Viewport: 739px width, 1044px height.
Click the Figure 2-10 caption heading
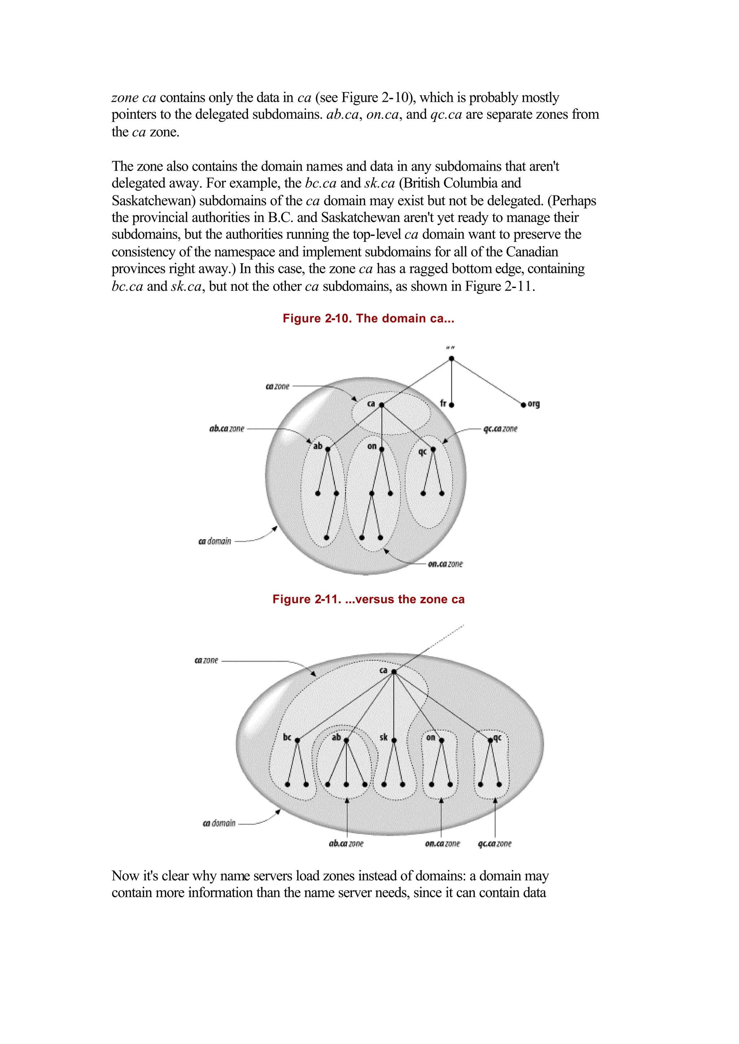pyautogui.click(x=368, y=318)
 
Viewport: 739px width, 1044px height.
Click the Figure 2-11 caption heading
pyautogui.click(x=368, y=599)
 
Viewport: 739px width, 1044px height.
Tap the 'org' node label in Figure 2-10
pyautogui.click(x=533, y=404)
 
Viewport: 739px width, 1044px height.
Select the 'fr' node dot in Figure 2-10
pyautogui.click(x=451, y=405)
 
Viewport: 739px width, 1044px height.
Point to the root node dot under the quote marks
pyautogui.click(x=451, y=359)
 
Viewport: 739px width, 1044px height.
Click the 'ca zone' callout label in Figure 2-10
pyautogui.click(x=277, y=386)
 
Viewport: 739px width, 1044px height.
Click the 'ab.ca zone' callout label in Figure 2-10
pyautogui.click(x=227, y=429)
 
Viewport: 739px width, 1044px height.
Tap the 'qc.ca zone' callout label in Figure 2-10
pyautogui.click(x=500, y=429)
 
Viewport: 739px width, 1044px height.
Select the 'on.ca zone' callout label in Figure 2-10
pyautogui.click(x=445, y=564)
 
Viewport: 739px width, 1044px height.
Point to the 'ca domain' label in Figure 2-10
pyautogui.click(x=215, y=541)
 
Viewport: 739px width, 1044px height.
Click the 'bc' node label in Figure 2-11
pyautogui.click(x=287, y=737)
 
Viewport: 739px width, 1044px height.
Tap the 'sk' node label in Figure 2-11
pyautogui.click(x=384, y=737)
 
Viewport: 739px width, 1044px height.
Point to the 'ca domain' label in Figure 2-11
pyautogui.click(x=219, y=823)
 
